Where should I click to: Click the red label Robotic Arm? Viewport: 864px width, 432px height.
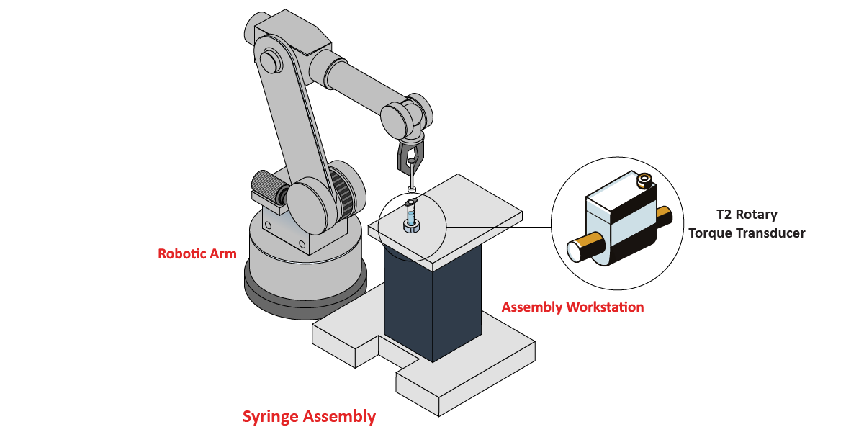pos(197,254)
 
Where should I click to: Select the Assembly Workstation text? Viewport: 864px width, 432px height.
pos(572,307)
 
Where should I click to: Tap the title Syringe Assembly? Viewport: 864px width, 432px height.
pos(309,416)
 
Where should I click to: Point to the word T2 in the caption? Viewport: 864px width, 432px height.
pos(724,215)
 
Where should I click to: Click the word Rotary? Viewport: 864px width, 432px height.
pos(759,215)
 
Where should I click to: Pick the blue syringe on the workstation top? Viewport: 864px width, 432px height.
pos(411,215)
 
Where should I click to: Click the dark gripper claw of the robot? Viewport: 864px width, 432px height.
pos(410,155)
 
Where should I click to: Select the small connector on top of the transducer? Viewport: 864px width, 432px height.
pos(644,180)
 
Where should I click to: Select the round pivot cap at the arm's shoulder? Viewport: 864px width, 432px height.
pos(270,61)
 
